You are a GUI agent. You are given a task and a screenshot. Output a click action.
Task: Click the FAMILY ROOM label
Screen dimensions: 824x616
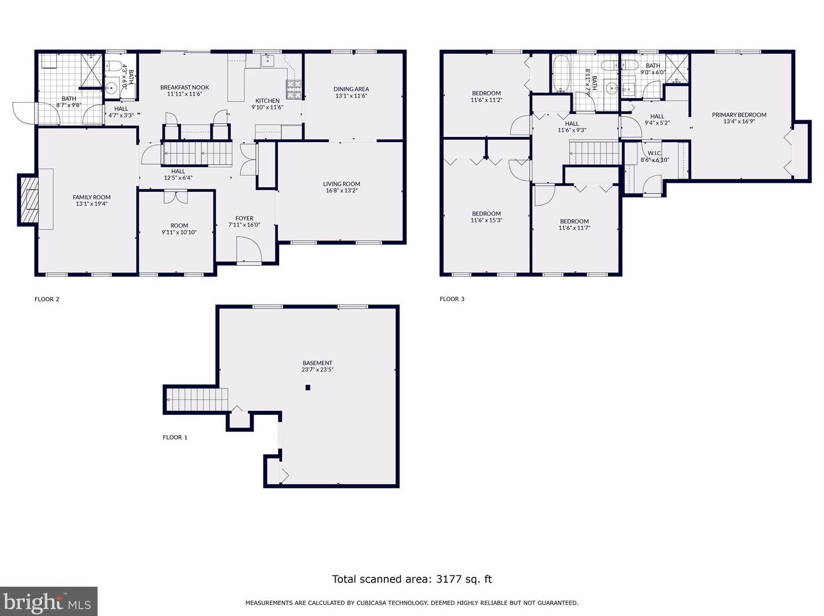pos(92,197)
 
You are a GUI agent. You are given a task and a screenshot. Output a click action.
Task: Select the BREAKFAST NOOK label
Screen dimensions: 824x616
pos(184,87)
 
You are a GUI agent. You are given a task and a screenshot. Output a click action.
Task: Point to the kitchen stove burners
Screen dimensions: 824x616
pos(294,90)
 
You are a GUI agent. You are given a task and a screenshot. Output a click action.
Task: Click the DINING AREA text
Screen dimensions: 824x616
pos(351,89)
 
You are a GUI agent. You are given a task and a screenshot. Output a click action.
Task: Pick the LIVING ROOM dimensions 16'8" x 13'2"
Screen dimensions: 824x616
pos(342,191)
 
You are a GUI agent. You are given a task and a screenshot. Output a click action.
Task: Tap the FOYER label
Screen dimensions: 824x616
pos(244,218)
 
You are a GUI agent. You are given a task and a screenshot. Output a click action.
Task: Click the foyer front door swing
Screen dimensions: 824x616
pos(249,249)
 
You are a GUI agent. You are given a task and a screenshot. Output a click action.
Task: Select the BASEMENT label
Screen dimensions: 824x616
pos(317,363)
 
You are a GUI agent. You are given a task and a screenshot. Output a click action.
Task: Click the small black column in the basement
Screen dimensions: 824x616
pos(308,388)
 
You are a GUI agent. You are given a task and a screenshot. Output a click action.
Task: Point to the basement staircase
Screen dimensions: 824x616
pos(197,399)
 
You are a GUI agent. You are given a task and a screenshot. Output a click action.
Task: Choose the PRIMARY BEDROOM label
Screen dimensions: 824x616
pos(739,115)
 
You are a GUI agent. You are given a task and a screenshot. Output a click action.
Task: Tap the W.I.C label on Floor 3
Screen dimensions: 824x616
pos(654,153)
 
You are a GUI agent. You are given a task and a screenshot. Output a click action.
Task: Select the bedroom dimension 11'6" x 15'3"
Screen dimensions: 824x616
pos(486,220)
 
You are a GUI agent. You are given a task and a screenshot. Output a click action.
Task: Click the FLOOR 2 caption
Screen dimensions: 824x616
pos(47,299)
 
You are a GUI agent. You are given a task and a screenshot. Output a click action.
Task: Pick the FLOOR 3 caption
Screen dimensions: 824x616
pos(452,299)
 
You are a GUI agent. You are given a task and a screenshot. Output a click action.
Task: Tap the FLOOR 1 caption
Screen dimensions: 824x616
pos(175,437)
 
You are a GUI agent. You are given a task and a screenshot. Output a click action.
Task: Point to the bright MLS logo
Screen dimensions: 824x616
pos(48,602)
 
